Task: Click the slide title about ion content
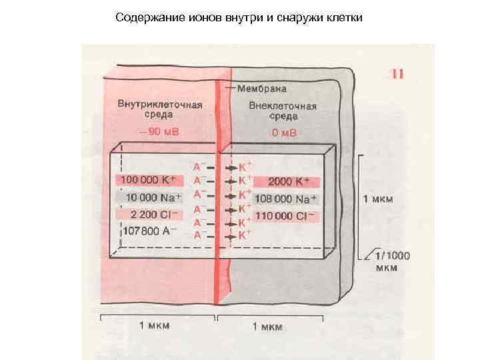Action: point(239,17)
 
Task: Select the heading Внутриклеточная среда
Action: point(160,111)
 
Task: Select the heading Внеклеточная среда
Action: point(283,111)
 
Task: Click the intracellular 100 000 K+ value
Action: point(147,181)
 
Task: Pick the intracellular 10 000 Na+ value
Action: point(147,197)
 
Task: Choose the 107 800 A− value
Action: point(150,232)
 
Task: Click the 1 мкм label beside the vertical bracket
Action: point(378,199)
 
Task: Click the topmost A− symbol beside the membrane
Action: point(198,166)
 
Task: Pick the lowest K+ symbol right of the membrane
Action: point(245,234)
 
